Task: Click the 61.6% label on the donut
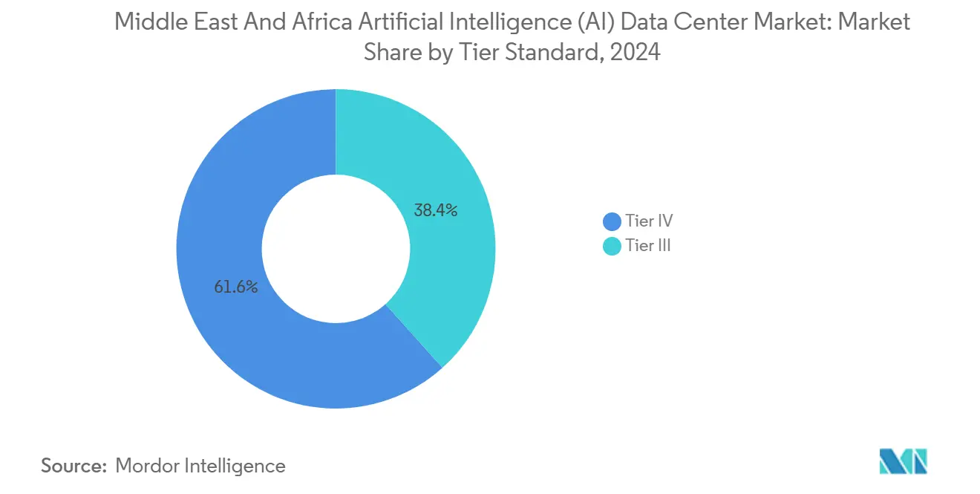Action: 236,287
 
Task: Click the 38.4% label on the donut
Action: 436,210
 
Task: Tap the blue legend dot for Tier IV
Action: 612,221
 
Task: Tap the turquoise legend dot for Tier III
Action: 612,247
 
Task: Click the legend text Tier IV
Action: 649,221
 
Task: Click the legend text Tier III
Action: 648,247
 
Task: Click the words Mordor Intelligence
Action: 200,466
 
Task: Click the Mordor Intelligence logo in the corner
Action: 903,461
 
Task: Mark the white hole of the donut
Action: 336,248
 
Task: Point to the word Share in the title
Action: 388,53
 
